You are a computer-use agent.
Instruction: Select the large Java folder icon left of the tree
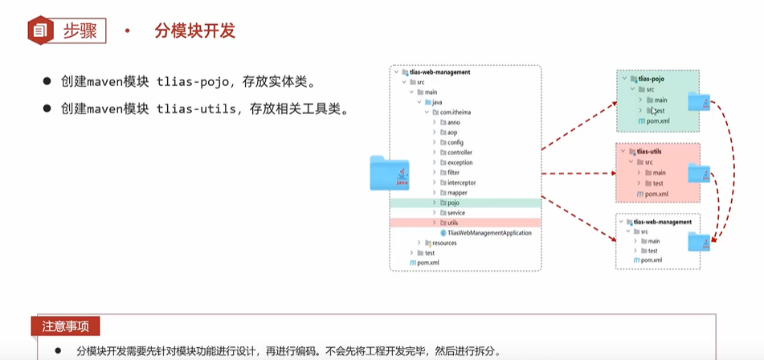[390, 173]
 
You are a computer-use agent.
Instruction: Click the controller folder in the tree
[459, 152]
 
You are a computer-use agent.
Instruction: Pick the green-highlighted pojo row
[453, 203]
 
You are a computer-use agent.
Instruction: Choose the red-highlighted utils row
[453, 223]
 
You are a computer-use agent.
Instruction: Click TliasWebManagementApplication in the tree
[489, 233]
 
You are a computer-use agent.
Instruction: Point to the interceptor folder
[461, 182]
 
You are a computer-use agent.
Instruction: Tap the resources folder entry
[443, 243]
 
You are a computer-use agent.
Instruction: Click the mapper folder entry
[456, 193]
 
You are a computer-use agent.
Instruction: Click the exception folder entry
[460, 162]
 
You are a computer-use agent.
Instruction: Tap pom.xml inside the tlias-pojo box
[657, 121]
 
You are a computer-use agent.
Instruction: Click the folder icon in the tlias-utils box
[699, 173]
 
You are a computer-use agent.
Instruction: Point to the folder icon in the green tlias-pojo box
[699, 100]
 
